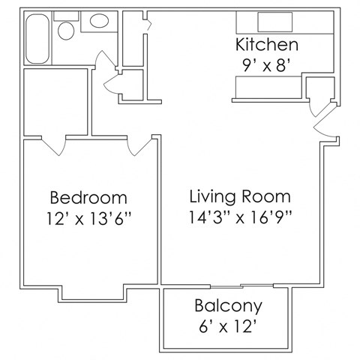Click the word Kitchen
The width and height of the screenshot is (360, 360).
pos(267,44)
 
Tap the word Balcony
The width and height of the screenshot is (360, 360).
pos(228,306)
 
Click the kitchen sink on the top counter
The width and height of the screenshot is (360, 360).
pos(268,20)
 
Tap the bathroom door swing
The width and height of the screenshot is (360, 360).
pos(112,82)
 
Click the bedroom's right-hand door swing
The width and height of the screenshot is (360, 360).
pos(136,146)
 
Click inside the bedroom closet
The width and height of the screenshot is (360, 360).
pos(56,101)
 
